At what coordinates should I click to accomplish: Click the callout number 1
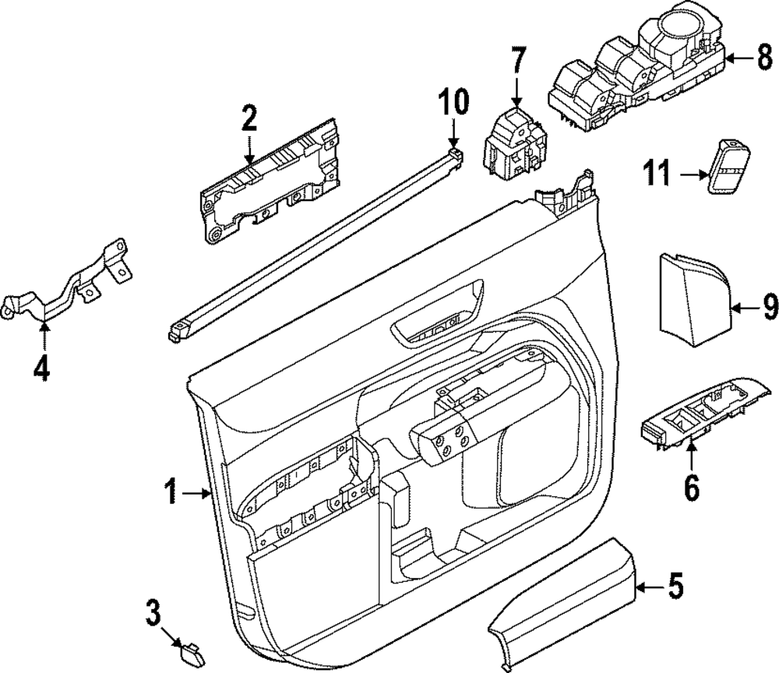click(x=172, y=492)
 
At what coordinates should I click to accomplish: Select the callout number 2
click(x=249, y=118)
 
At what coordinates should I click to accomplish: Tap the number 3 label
click(x=153, y=613)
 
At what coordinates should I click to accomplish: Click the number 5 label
click(x=676, y=585)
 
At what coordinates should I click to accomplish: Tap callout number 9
click(x=770, y=309)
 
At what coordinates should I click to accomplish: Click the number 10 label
click(x=453, y=101)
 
